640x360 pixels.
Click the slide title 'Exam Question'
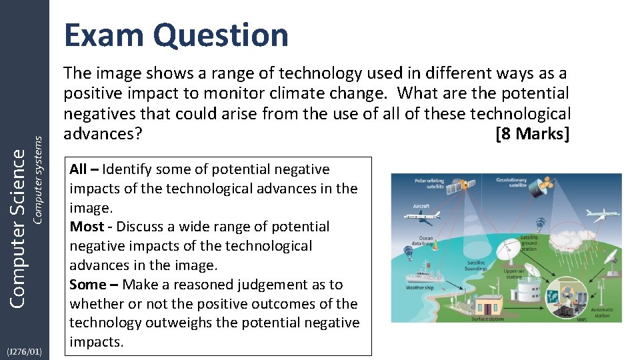[x=176, y=35]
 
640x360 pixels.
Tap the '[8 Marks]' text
[x=533, y=133]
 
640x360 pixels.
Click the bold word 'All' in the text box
[x=78, y=169]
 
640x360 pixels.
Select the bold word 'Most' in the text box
[x=87, y=227]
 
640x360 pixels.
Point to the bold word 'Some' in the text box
[x=88, y=285]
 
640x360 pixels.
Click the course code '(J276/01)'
[x=25, y=351]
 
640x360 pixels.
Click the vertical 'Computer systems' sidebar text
[x=38, y=180]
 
